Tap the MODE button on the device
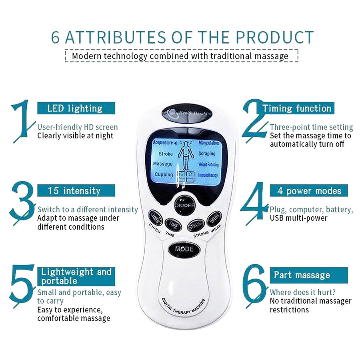point(184,249)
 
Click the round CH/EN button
point(155,218)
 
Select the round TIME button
point(173,225)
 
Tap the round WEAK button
point(214,219)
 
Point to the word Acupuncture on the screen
point(163,143)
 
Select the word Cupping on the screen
point(164,174)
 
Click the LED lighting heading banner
point(76,108)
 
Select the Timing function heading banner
point(297,108)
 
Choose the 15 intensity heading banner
point(76,190)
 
